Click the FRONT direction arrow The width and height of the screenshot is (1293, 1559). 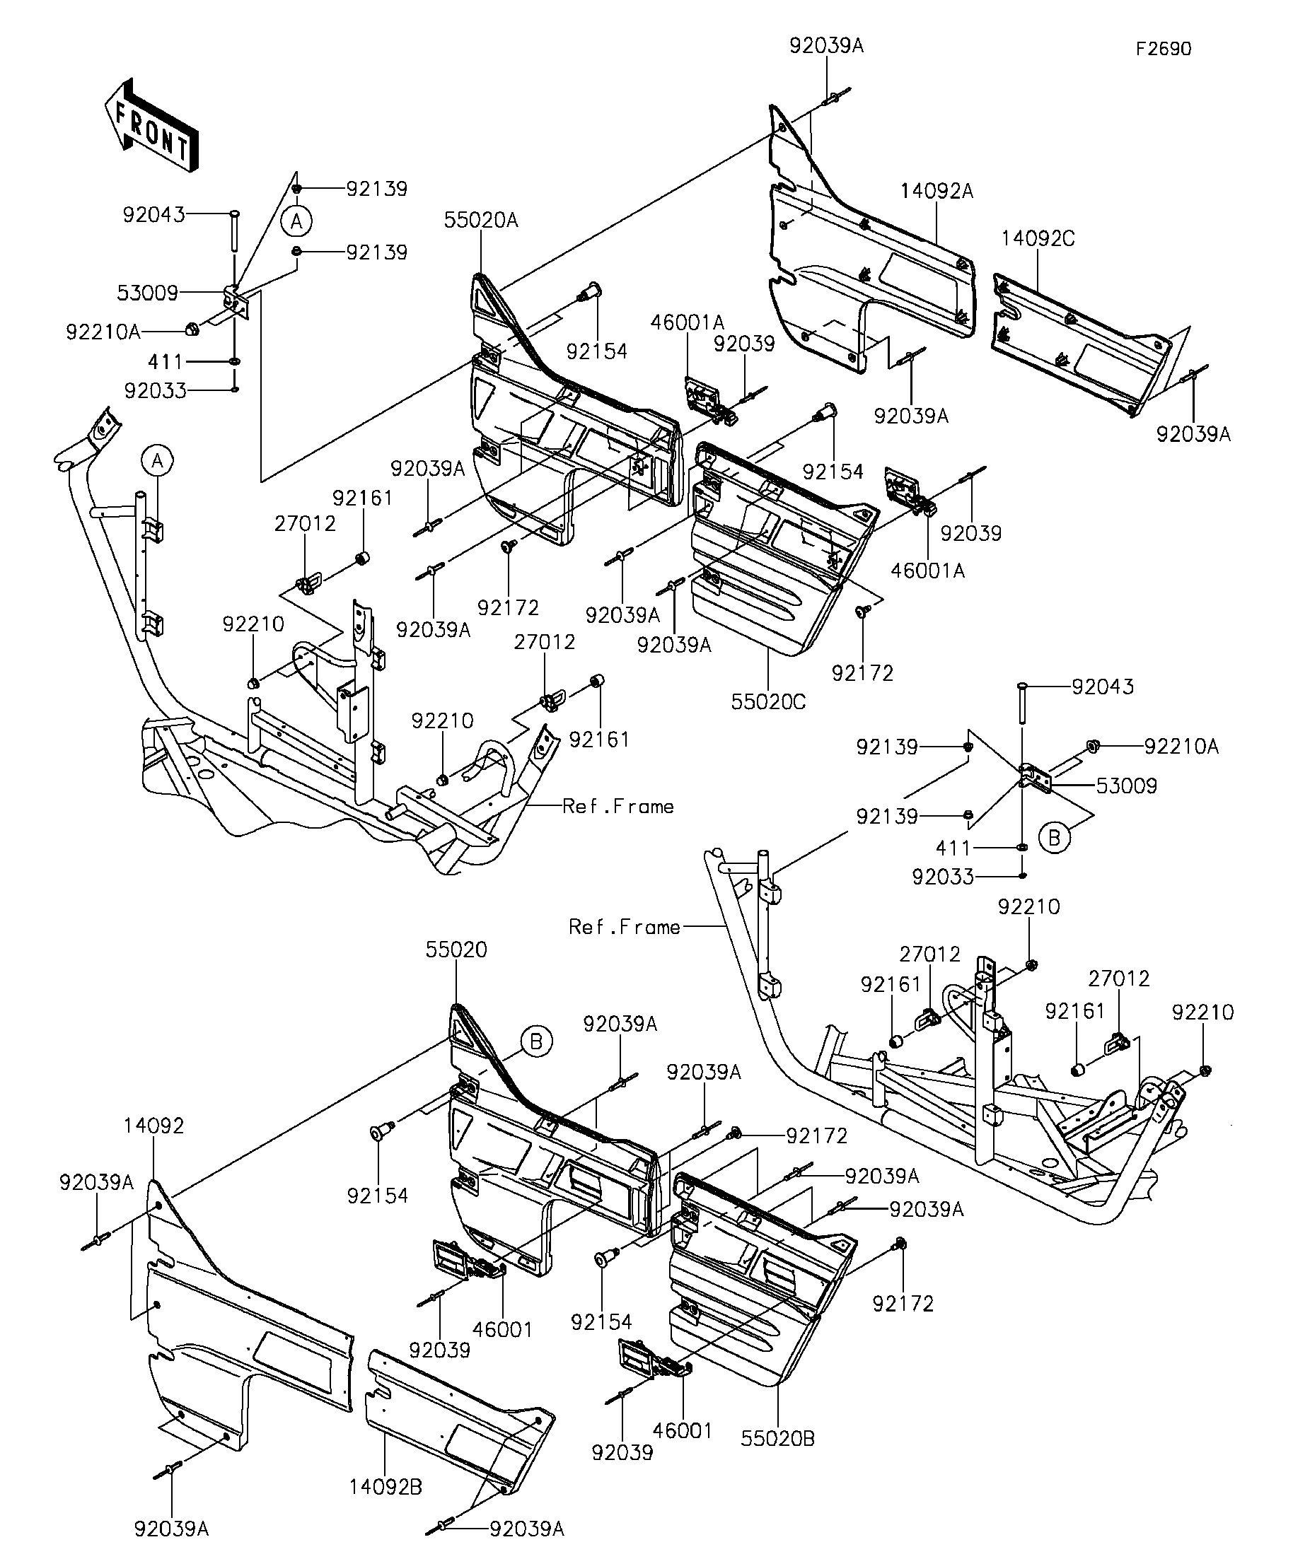152,126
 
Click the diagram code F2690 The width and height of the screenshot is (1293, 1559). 1163,49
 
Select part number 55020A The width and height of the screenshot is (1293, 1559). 480,221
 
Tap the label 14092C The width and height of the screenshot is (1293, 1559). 1037,239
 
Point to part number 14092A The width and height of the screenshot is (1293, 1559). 936,192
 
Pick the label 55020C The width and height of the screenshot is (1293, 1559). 768,701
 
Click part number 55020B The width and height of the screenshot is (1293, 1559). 777,1439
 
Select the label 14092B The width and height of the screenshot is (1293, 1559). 385,1487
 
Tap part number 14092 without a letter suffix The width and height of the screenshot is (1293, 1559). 153,1126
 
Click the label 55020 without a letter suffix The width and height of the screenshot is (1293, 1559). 456,950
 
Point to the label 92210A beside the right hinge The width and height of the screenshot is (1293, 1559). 1181,747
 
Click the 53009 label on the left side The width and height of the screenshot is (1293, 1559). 147,293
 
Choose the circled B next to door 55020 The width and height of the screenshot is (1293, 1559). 535,1041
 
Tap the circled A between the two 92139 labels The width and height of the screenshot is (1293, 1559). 296,221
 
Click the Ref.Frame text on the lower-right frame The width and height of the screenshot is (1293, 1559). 624,926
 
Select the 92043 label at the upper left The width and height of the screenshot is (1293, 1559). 153,215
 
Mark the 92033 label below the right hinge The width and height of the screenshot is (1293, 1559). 942,877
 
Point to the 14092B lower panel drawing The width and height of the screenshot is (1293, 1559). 460,1418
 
